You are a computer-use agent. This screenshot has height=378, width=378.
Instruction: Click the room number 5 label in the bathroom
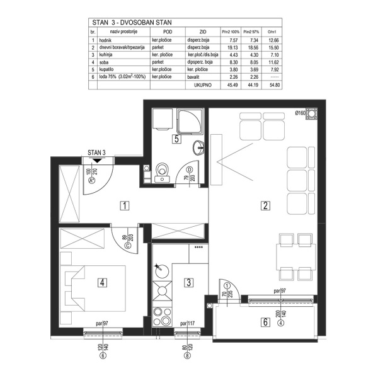(x=178, y=139)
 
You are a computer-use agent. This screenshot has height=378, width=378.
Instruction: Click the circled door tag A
(x=92, y=180)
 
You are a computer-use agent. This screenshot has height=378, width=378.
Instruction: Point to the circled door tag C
(x=129, y=246)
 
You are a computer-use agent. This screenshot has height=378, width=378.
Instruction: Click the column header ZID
(x=202, y=31)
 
